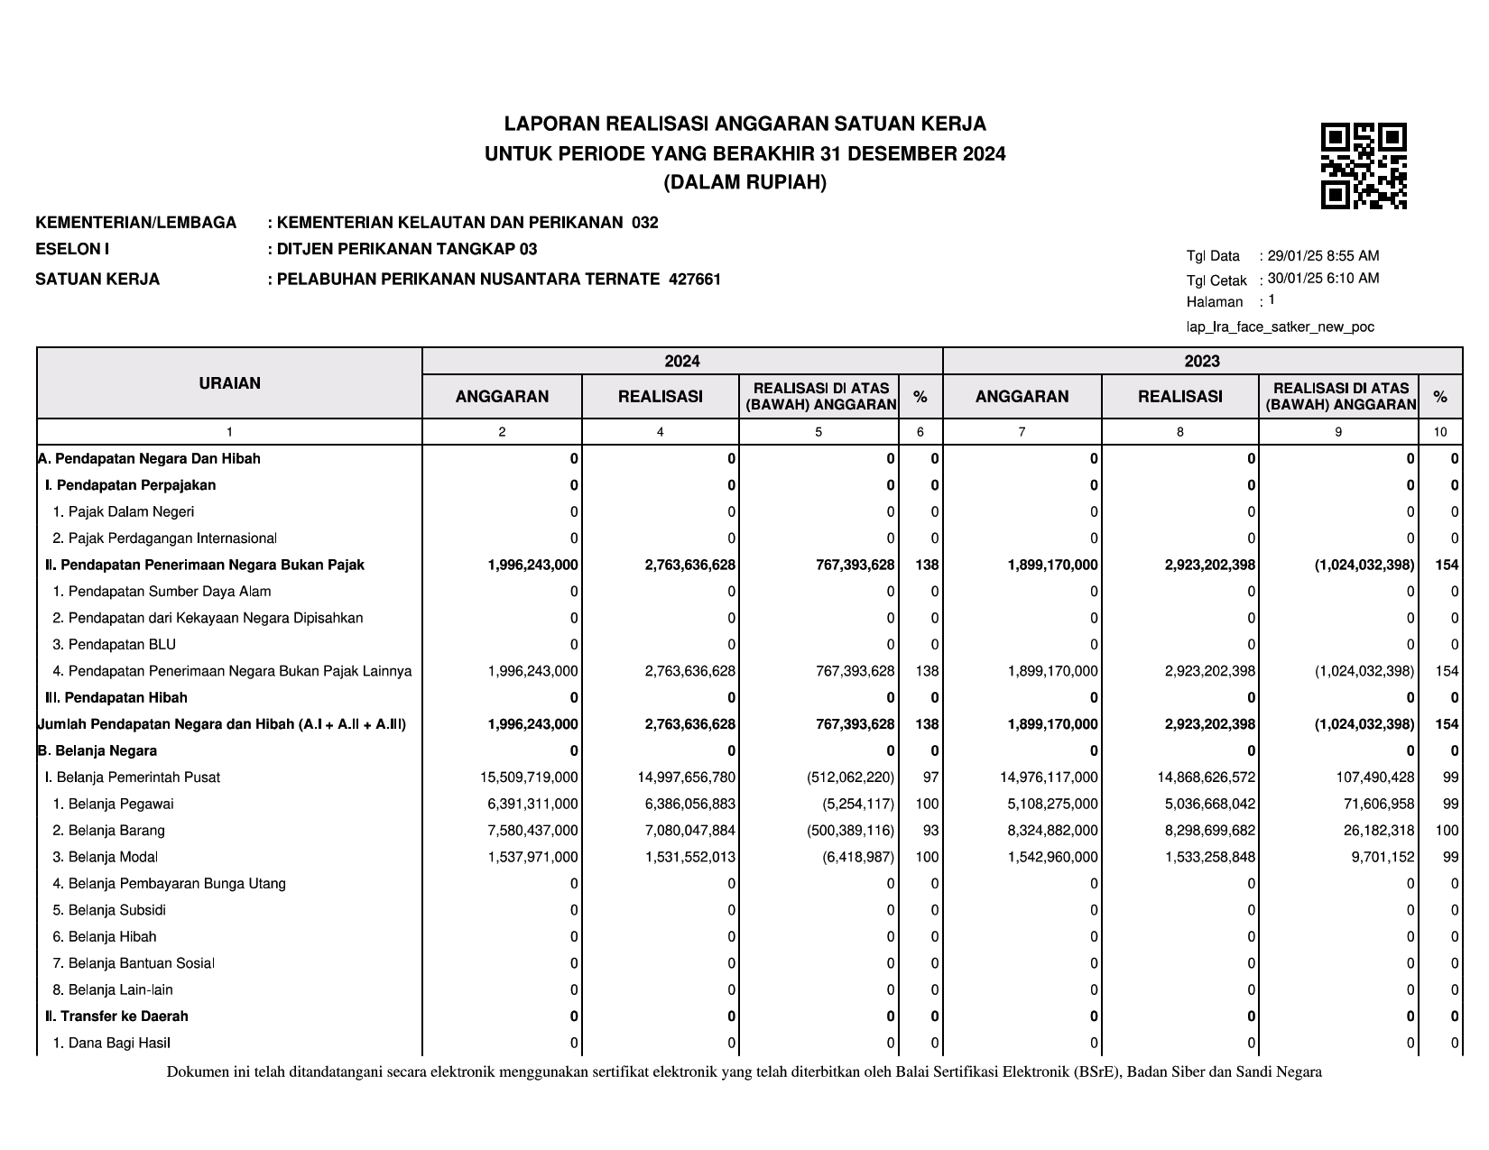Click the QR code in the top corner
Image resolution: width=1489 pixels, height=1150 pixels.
[1364, 166]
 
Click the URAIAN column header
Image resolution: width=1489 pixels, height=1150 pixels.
[229, 383]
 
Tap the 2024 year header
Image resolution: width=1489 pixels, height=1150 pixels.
[682, 362]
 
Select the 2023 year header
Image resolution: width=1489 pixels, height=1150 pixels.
[1202, 362]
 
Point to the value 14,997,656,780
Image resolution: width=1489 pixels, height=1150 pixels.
[690, 777]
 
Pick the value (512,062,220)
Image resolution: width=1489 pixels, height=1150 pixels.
[851, 777]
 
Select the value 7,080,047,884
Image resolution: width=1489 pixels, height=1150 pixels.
[690, 831]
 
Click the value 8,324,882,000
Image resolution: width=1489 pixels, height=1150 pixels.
[1052, 831]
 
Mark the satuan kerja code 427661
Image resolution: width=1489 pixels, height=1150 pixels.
[695, 280]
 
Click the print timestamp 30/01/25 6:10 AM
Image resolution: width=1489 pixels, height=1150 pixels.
[1323, 279]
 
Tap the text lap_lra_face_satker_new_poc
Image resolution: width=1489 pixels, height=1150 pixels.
[1280, 327]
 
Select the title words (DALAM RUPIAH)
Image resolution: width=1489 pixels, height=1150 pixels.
[744, 183]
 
